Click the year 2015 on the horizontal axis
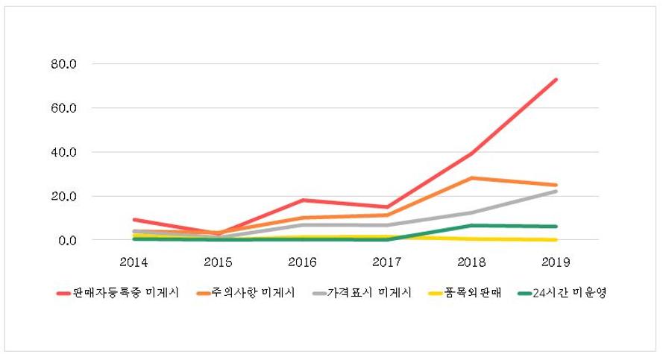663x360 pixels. pyautogui.click(x=219, y=262)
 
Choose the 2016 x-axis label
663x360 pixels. pyautogui.click(x=303, y=262)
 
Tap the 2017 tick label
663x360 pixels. pyautogui.click(x=387, y=262)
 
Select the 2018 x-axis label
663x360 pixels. pyautogui.click(x=471, y=262)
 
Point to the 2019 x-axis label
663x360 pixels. pyautogui.click(x=556, y=262)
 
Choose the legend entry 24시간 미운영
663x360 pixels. pyautogui.click(x=563, y=293)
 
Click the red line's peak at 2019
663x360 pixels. pyautogui.click(x=556, y=80)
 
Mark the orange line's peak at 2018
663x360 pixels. pyautogui.click(x=471, y=178)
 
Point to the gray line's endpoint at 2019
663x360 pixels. pyautogui.click(x=556, y=192)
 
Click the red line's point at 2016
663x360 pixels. pyautogui.click(x=303, y=200)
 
